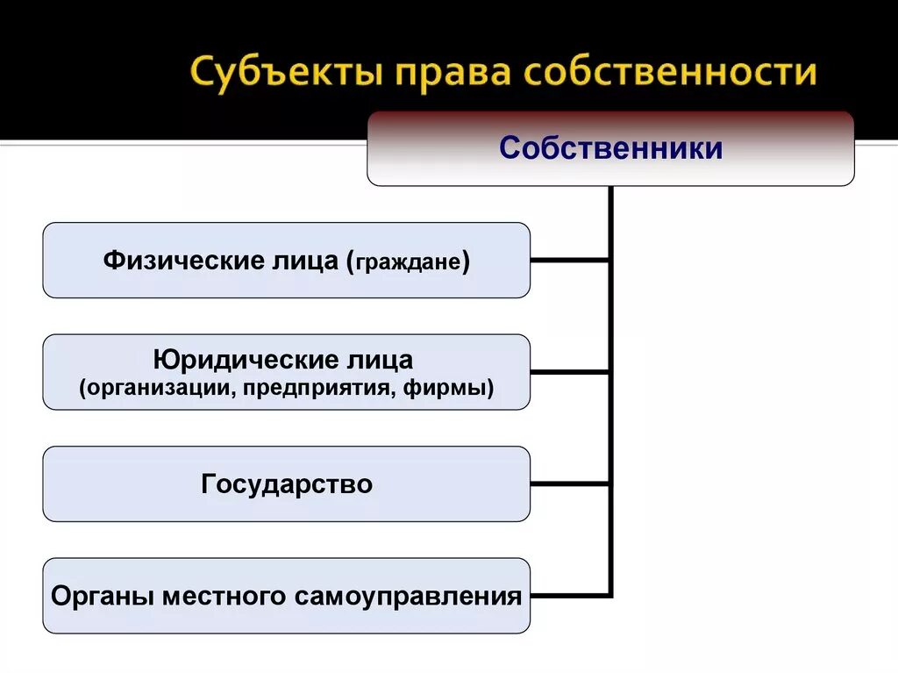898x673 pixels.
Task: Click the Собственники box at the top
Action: pos(610,148)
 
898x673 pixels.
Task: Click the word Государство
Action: pos(287,483)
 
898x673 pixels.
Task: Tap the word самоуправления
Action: pos(408,597)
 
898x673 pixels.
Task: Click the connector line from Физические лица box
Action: pos(570,260)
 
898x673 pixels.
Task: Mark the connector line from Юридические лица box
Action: pos(570,371)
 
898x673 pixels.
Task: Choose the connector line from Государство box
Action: pos(570,483)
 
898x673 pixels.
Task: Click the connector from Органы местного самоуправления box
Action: pos(570,596)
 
